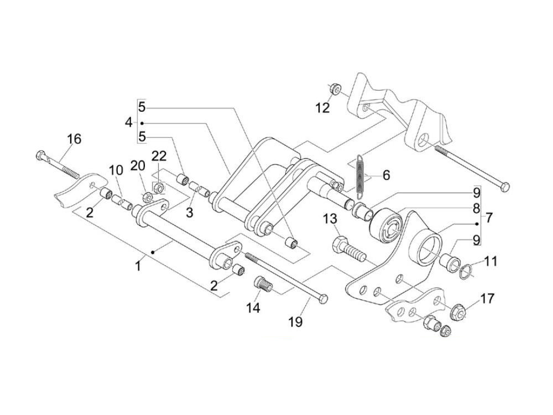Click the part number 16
tap(74, 139)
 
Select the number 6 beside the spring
tap(386, 175)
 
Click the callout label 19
tap(295, 321)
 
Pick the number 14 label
tap(253, 308)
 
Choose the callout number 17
tap(487, 299)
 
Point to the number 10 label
tap(116, 170)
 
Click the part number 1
tap(138, 266)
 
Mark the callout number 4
tap(129, 122)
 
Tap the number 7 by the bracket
tap(488, 217)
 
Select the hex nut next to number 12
tap(335, 89)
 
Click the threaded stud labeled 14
tap(264, 286)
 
